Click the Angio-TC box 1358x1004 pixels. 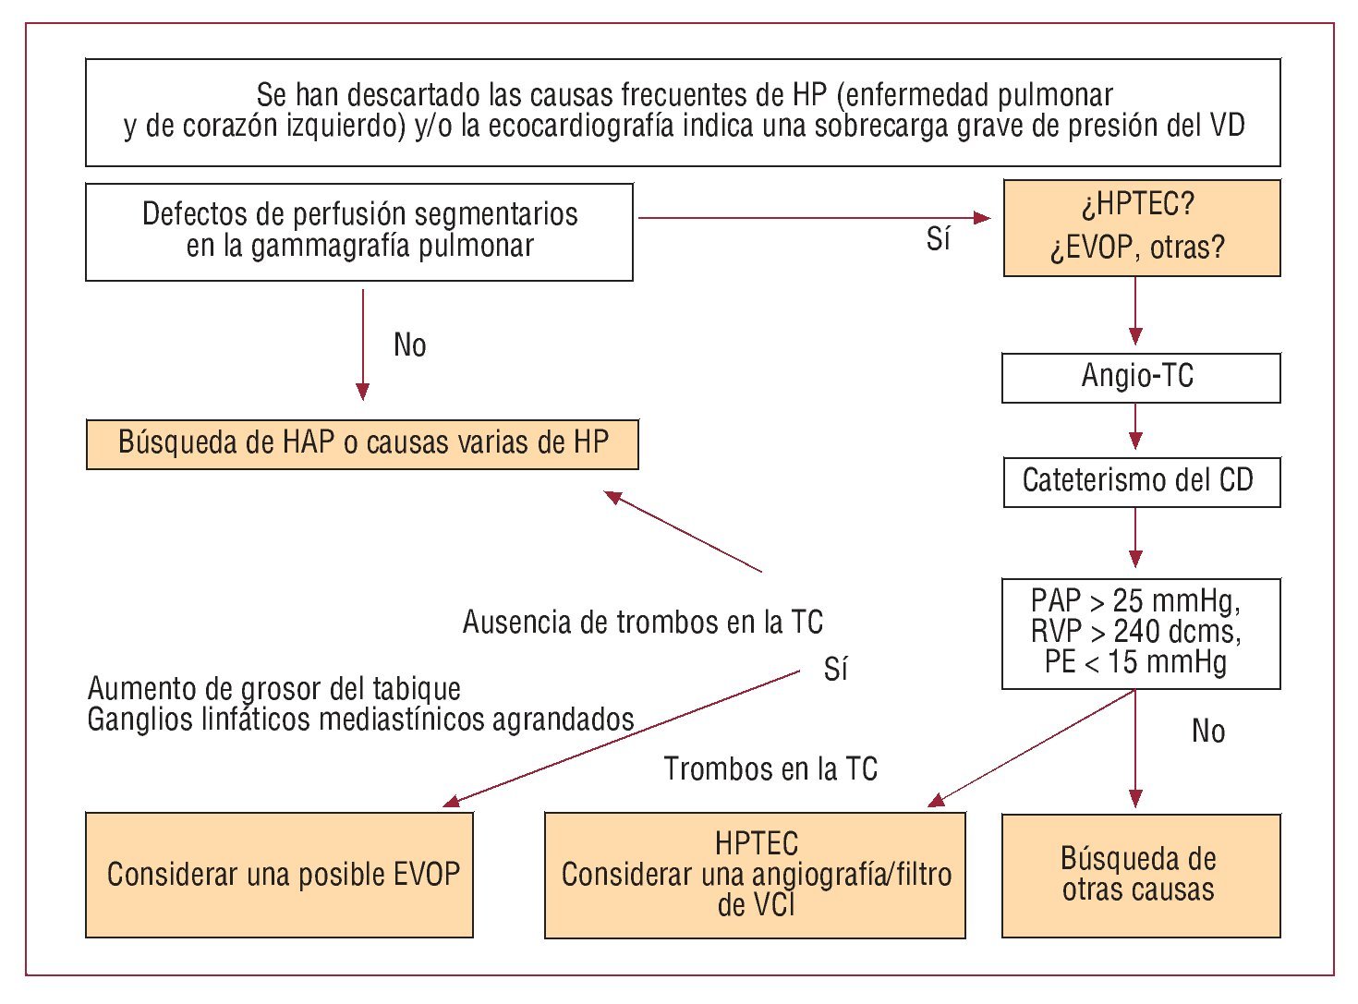(x=1140, y=377)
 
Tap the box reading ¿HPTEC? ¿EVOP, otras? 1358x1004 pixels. (x=1141, y=227)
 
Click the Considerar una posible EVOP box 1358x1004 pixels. (x=279, y=874)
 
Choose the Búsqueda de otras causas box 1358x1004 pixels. (x=1140, y=875)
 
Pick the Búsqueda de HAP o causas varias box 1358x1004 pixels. (x=362, y=443)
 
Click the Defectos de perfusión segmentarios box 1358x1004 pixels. (x=358, y=231)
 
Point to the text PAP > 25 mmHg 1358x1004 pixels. (x=1135, y=601)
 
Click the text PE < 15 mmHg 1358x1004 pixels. (x=1135, y=662)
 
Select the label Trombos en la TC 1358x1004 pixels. (x=770, y=768)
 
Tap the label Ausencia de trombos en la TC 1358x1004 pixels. (x=643, y=623)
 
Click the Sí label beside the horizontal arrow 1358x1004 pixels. (x=938, y=240)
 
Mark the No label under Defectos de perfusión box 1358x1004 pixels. (x=409, y=345)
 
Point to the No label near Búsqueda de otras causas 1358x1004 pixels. (x=1207, y=732)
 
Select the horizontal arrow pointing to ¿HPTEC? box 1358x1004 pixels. (x=813, y=218)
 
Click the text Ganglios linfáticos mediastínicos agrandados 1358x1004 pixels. (x=360, y=720)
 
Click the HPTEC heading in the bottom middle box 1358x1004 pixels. (x=756, y=843)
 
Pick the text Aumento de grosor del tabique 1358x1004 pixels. (x=274, y=689)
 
